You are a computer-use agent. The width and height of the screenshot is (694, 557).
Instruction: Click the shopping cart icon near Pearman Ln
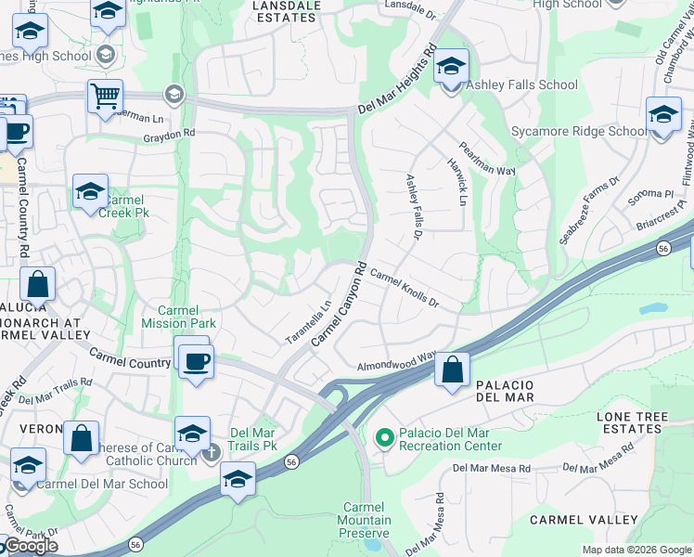point(106,96)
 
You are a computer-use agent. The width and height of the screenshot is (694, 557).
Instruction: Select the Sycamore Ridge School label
point(579,131)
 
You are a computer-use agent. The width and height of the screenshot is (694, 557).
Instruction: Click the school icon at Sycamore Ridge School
point(663,116)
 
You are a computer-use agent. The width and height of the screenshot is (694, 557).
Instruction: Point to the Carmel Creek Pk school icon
point(90,192)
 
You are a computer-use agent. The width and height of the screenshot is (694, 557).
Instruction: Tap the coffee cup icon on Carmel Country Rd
point(196,359)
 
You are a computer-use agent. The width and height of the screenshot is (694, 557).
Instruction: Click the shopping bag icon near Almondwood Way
point(452,369)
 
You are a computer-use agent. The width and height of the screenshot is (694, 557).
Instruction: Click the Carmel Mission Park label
point(178,317)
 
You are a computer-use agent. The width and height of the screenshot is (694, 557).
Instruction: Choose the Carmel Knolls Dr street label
point(404,289)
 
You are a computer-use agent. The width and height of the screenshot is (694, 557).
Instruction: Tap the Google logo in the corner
point(31,546)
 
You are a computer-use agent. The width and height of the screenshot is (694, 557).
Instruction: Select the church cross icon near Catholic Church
point(211,452)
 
